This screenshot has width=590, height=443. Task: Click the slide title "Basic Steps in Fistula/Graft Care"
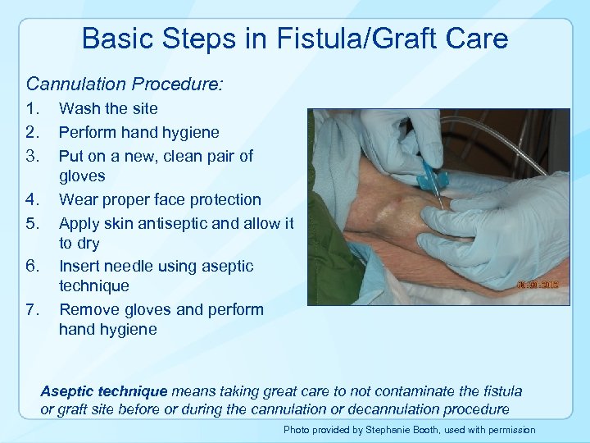295,39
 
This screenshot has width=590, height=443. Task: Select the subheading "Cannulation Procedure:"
125,84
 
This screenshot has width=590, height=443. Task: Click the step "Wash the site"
108,108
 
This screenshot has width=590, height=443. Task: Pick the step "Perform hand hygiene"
139,132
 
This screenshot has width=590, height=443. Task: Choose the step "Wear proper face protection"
160,199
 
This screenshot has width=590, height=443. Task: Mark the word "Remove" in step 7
87,310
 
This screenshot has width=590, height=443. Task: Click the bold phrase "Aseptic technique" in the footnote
103,391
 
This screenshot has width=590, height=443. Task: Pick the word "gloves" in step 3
82,176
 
